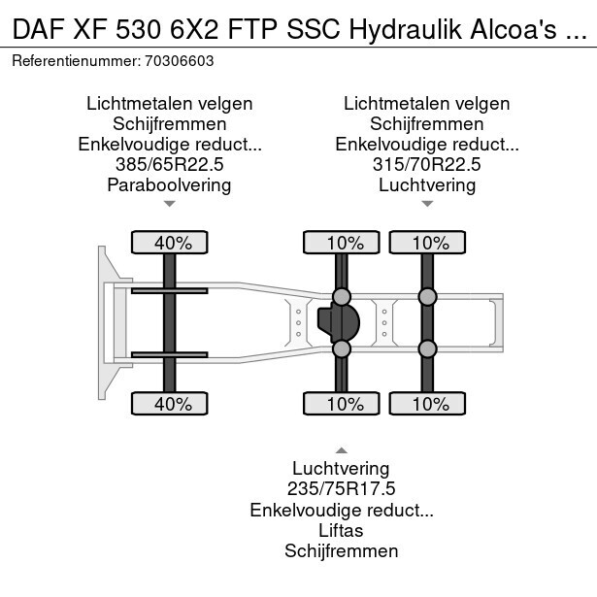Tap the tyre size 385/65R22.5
(170, 164)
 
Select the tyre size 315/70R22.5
(427, 164)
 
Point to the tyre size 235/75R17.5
(342, 490)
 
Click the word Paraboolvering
(170, 184)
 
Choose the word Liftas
(342, 531)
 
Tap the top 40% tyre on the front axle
(171, 243)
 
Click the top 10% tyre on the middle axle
(342, 243)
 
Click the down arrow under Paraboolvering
(170, 204)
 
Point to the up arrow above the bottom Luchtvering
(342, 450)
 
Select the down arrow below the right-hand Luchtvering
(427, 204)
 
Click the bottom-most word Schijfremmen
(342, 551)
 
